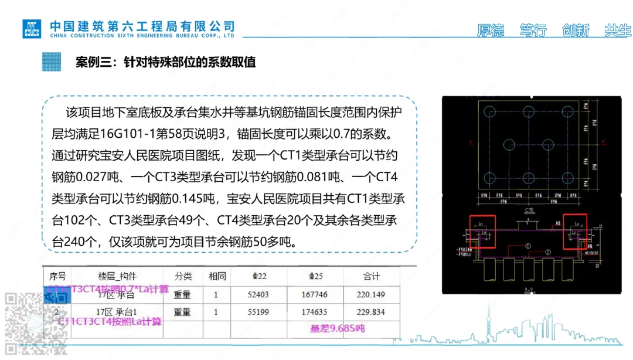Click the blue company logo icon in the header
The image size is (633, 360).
(x=32, y=28)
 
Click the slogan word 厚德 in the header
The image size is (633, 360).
(x=491, y=30)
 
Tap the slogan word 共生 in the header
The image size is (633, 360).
(x=617, y=30)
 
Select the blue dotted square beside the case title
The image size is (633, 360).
(x=52, y=62)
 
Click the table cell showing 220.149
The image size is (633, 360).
(x=372, y=295)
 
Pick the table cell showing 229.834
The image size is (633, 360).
(x=372, y=312)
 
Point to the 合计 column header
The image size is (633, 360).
(x=372, y=276)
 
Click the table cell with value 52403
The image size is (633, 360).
(x=258, y=295)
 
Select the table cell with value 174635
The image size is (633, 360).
(x=314, y=312)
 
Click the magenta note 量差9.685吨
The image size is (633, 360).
(x=337, y=328)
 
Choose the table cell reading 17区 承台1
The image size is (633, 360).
(x=115, y=312)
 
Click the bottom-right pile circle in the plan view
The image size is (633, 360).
(x=567, y=178)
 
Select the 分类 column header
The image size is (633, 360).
(x=182, y=276)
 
